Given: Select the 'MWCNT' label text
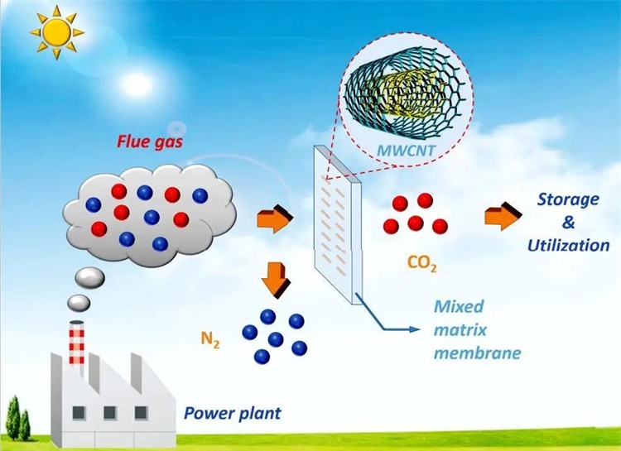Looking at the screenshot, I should pos(401,150).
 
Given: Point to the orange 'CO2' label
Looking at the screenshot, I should pos(421,264).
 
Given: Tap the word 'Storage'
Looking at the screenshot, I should pos(567,199).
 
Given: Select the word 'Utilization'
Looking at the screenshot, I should pos(567,245).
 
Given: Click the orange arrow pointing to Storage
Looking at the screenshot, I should pos(501,217).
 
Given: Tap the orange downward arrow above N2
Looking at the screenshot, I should pos(277,280).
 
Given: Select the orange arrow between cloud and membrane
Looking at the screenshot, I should pos(275,220).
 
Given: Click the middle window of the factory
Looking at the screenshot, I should pos(109,412).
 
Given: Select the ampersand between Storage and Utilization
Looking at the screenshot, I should pos(568,223).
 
